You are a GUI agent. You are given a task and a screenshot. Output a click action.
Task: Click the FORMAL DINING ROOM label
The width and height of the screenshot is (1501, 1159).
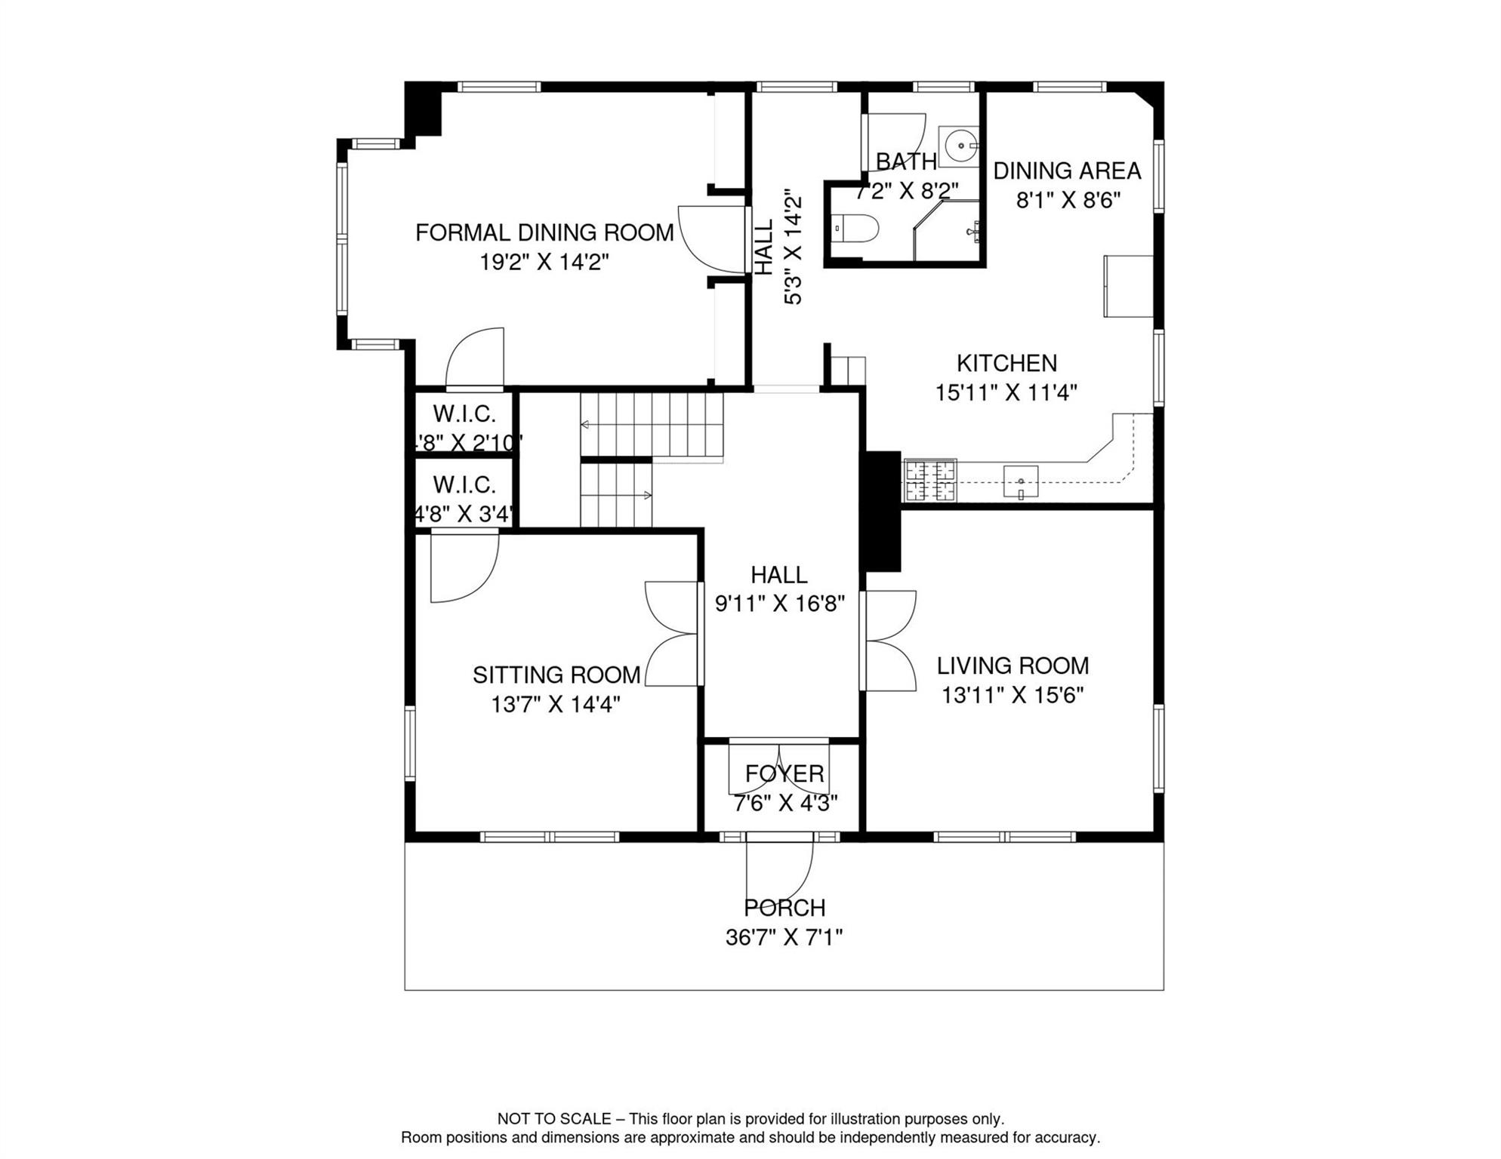tap(544, 232)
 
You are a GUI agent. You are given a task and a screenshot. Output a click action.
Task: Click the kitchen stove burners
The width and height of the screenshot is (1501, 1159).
tap(930, 481)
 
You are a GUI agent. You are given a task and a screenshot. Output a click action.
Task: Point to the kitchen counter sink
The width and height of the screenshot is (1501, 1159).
tap(1020, 481)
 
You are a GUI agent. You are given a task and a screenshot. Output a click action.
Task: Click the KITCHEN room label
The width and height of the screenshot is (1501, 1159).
tap(1006, 364)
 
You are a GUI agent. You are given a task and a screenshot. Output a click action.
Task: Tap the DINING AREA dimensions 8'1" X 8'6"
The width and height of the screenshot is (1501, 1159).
tap(1068, 201)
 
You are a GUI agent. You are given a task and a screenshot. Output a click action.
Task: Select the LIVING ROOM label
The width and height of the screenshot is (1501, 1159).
tap(1012, 666)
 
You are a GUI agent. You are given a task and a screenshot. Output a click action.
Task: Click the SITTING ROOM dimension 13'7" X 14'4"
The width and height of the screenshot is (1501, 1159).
tap(556, 705)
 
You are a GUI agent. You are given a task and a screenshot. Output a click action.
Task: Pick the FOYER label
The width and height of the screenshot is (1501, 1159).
tap(784, 773)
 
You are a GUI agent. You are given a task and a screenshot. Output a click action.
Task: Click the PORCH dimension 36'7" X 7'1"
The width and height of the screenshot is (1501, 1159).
tap(784, 937)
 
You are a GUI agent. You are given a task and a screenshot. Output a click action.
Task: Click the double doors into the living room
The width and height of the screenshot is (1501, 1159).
tap(889, 641)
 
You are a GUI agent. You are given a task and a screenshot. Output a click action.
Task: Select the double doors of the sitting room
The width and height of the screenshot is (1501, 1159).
tap(672, 634)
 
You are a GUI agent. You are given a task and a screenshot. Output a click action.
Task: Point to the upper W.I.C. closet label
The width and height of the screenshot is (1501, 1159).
tap(464, 413)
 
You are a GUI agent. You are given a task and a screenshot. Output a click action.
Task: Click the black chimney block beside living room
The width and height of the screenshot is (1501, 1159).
tap(882, 512)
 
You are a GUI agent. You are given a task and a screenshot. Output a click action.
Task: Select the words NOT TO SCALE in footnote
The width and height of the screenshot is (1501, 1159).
tap(553, 1119)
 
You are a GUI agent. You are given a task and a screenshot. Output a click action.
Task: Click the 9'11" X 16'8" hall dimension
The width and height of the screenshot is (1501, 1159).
tap(779, 604)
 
